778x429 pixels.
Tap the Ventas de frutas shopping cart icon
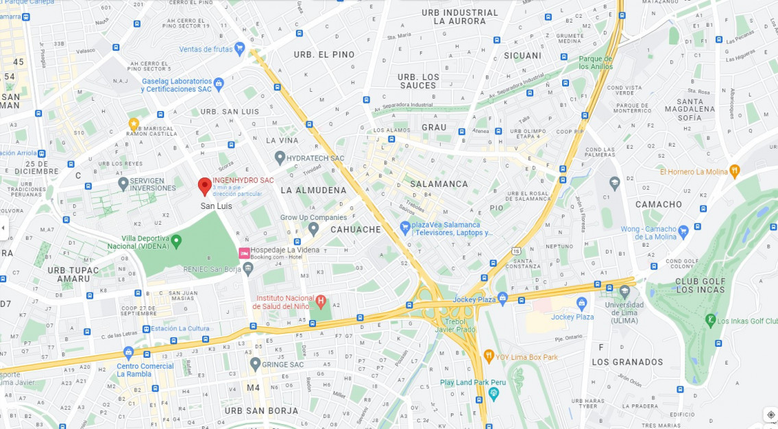pyautogui.click(x=239, y=49)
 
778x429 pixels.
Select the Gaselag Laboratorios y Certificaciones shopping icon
pyautogui.click(x=219, y=84)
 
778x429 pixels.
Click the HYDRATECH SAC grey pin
pyautogui.click(x=280, y=158)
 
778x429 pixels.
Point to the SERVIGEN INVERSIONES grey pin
pyautogui.click(x=123, y=183)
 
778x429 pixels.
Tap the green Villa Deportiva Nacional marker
pyautogui.click(x=176, y=241)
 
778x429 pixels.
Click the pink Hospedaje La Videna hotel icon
pyautogui.click(x=243, y=254)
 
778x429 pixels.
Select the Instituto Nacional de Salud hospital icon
pyautogui.click(x=320, y=301)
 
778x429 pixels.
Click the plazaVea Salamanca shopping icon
pyautogui.click(x=405, y=228)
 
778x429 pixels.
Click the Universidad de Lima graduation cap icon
pyautogui.click(x=624, y=292)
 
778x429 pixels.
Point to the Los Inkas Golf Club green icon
pyautogui.click(x=710, y=320)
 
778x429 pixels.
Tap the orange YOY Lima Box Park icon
pyautogui.click(x=489, y=356)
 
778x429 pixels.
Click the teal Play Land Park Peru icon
pyautogui.click(x=494, y=393)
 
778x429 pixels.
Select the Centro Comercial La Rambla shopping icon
pyautogui.click(x=128, y=353)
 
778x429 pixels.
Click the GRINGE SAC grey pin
pyautogui.click(x=255, y=363)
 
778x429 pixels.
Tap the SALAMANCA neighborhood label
pyautogui.click(x=439, y=184)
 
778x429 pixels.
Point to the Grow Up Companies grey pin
pyautogui.click(x=313, y=228)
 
